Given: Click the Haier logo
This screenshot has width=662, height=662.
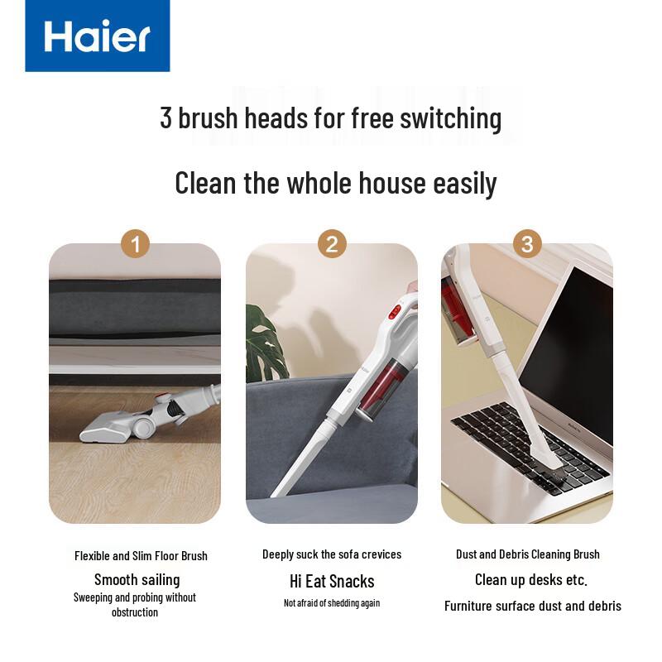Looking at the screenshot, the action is [x=98, y=36].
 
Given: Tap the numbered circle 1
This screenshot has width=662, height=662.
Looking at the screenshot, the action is [x=135, y=244].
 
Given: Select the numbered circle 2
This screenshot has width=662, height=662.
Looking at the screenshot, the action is [x=332, y=244].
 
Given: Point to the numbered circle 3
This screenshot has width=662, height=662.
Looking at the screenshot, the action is [x=527, y=244].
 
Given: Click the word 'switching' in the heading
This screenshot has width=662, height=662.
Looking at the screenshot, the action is [x=451, y=118].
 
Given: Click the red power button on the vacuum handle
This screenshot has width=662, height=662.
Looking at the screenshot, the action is [x=395, y=312].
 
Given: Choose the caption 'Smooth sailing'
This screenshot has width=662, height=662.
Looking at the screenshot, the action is [x=137, y=580].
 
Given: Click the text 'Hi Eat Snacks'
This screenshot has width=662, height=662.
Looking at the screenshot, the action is [x=332, y=582].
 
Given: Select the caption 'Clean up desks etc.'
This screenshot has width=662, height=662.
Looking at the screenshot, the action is [x=531, y=580].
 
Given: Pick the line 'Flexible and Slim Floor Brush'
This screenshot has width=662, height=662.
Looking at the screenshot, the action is [x=141, y=556].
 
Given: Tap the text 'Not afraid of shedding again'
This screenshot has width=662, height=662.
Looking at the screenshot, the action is [x=332, y=603].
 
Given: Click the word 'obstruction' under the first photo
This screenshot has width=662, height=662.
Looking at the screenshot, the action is [x=135, y=612].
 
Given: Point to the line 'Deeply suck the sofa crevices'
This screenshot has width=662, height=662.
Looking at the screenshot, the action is [x=332, y=554].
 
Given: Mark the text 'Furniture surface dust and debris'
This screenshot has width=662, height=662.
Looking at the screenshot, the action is [x=533, y=607].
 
